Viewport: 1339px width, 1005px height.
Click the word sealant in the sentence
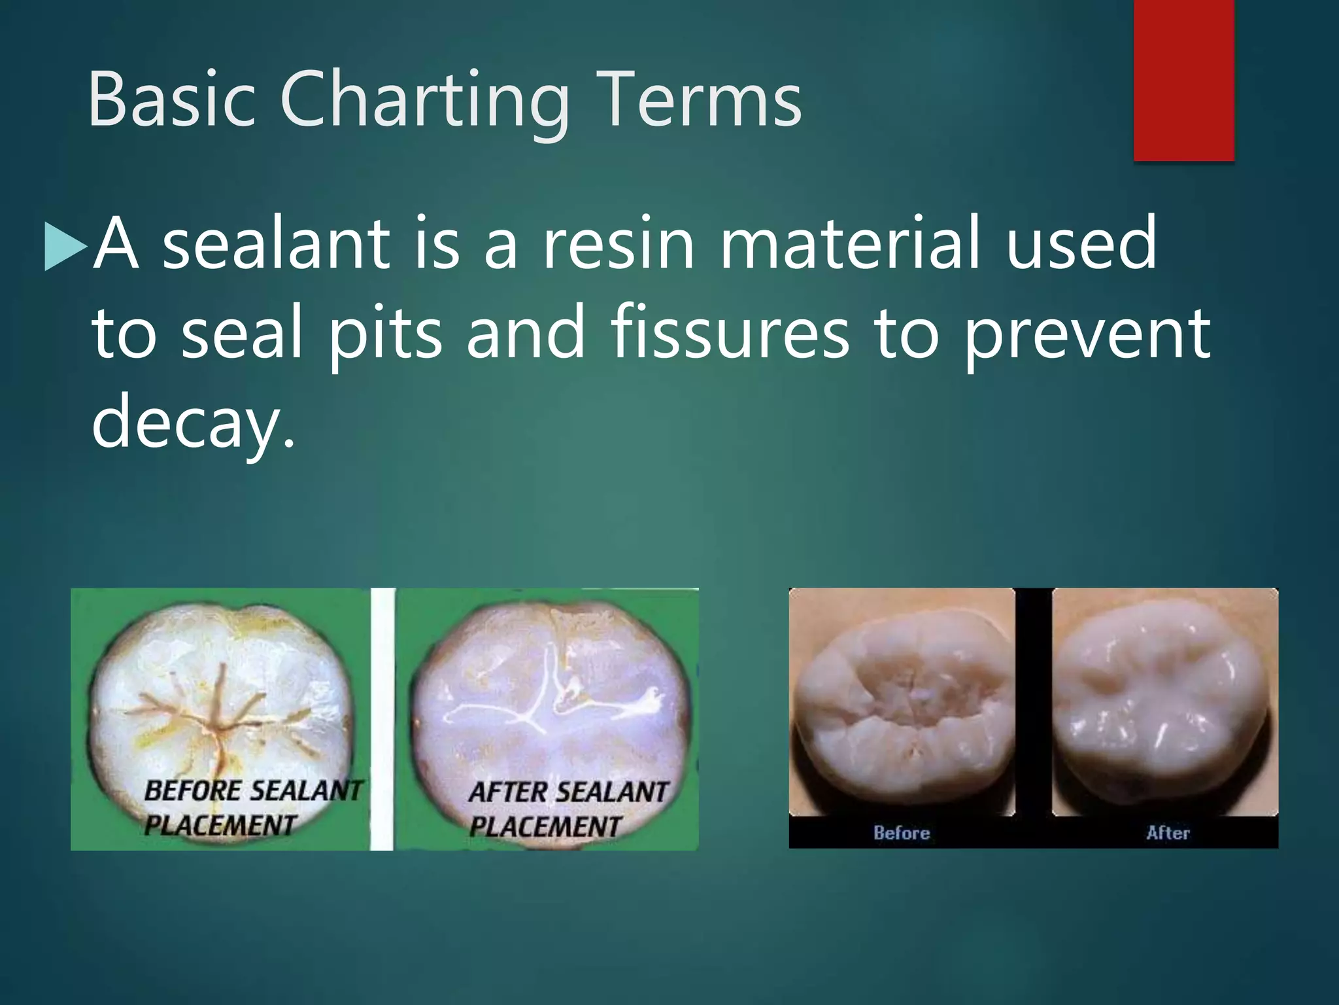pos(275,243)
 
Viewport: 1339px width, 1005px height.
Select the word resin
pos(619,243)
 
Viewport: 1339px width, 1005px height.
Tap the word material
pos(850,243)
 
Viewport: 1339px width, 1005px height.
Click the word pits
pos(385,334)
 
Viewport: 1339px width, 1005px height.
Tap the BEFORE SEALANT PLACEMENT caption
pos(251,807)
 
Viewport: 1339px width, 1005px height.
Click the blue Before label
pos(902,833)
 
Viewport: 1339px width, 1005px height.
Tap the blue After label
pos(1168,833)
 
